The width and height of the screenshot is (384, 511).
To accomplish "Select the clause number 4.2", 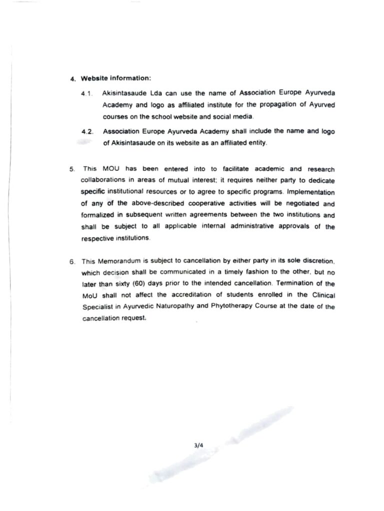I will click(x=87, y=131).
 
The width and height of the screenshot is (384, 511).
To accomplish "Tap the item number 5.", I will click(x=72, y=170).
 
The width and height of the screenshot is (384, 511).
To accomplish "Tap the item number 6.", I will click(x=72, y=261).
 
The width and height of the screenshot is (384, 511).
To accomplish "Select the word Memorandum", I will click(x=118, y=261).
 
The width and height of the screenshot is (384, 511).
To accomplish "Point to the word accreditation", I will click(x=174, y=296).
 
